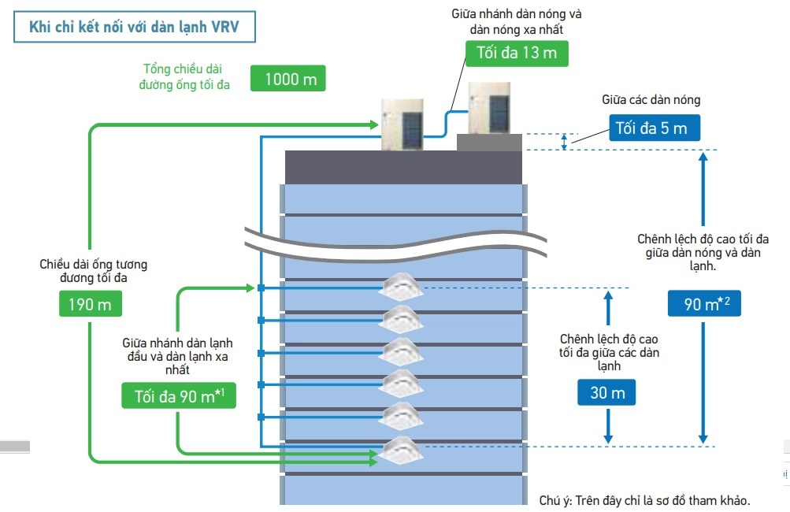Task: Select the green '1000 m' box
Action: click(288, 79)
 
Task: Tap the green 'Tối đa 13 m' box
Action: click(517, 52)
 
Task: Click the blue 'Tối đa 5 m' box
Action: click(654, 128)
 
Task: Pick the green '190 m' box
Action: click(91, 304)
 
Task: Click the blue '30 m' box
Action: click(607, 391)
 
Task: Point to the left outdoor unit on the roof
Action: click(403, 124)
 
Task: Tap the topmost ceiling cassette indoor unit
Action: click(402, 288)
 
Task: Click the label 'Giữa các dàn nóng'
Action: click(651, 100)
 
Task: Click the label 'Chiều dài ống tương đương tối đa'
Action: click(94, 271)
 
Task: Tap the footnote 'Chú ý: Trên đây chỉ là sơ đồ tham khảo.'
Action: click(644, 500)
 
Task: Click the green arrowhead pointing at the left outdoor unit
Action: click(373, 124)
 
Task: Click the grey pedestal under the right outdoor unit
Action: click(489, 143)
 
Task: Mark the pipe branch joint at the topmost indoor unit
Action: click(261, 288)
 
